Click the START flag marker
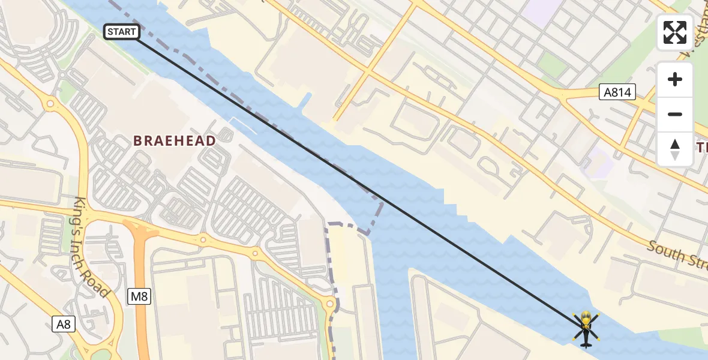[122, 32]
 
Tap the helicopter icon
[585, 328]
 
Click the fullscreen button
[675, 32]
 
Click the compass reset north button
[675, 149]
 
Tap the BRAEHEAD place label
[175, 141]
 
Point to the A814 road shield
[617, 92]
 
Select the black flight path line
[360, 184]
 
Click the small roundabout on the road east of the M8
[203, 240]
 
